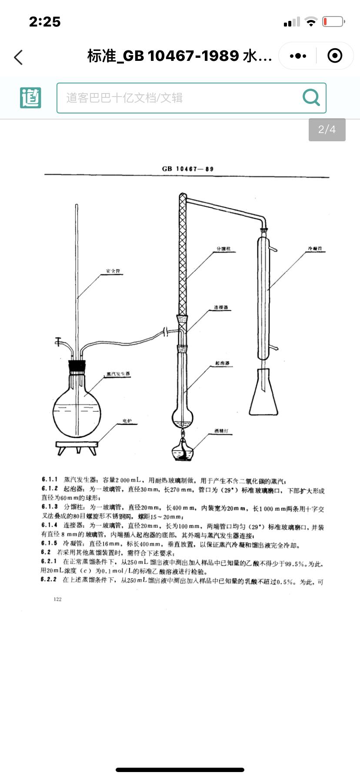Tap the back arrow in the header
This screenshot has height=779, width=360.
[18, 57]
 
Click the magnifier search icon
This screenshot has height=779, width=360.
[311, 97]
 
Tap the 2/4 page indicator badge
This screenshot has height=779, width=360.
[327, 130]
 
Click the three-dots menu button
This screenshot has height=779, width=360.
[298, 56]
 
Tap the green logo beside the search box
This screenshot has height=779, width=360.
[30, 97]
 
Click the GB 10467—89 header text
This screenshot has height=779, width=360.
[187, 169]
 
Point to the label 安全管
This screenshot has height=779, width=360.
[113, 271]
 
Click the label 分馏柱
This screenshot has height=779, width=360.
[223, 249]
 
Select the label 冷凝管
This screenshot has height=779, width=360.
[315, 249]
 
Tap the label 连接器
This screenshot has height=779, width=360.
[221, 308]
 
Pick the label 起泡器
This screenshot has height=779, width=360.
[222, 363]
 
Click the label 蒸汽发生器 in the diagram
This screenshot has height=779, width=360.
[118, 374]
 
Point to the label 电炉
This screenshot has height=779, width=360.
[127, 421]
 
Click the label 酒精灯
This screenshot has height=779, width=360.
[221, 431]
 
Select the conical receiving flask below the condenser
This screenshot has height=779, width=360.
[263, 393]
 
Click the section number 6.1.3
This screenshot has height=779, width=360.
[50, 507]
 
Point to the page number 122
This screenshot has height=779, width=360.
[58, 599]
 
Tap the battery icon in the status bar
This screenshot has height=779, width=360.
[333, 21]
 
